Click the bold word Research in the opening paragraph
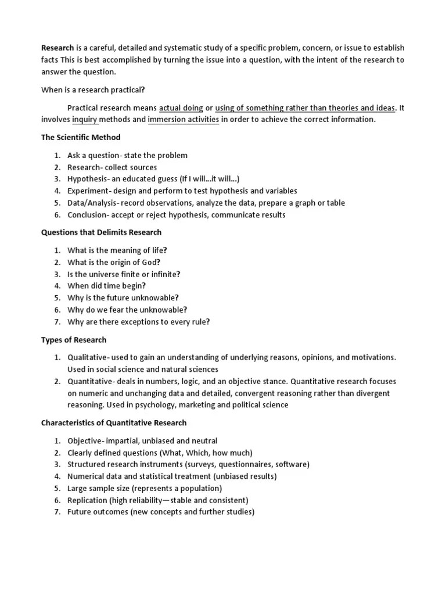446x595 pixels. (x=57, y=48)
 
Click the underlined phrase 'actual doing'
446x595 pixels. (x=181, y=107)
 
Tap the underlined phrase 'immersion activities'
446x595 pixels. (x=184, y=120)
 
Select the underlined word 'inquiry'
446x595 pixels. (x=85, y=120)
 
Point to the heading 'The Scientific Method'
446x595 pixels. (x=81, y=138)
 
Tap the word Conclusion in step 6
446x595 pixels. (x=87, y=214)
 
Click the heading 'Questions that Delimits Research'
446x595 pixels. (x=101, y=232)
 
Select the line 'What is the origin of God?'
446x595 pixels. (x=114, y=262)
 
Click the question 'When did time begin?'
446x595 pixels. (x=107, y=286)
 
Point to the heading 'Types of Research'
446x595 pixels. (x=74, y=339)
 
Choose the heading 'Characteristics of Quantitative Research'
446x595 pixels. (x=114, y=423)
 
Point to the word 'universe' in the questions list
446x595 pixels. (x=111, y=274)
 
